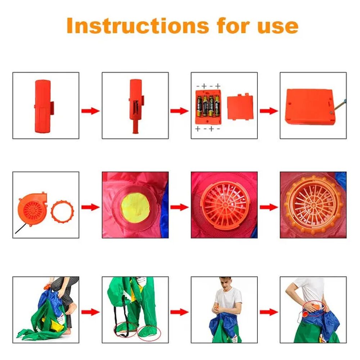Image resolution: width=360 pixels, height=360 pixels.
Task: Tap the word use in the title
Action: click(278, 27)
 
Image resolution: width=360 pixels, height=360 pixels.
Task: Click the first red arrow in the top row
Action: click(90, 111)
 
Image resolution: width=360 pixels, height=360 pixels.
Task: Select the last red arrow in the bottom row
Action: click(269, 312)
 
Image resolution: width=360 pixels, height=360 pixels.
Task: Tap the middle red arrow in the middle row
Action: click(180, 207)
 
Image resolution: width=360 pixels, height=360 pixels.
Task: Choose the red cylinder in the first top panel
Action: click(44, 106)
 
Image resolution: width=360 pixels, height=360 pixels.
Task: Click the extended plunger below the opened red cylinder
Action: click(135, 126)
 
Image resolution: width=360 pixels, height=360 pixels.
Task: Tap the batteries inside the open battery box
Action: click(208, 106)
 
